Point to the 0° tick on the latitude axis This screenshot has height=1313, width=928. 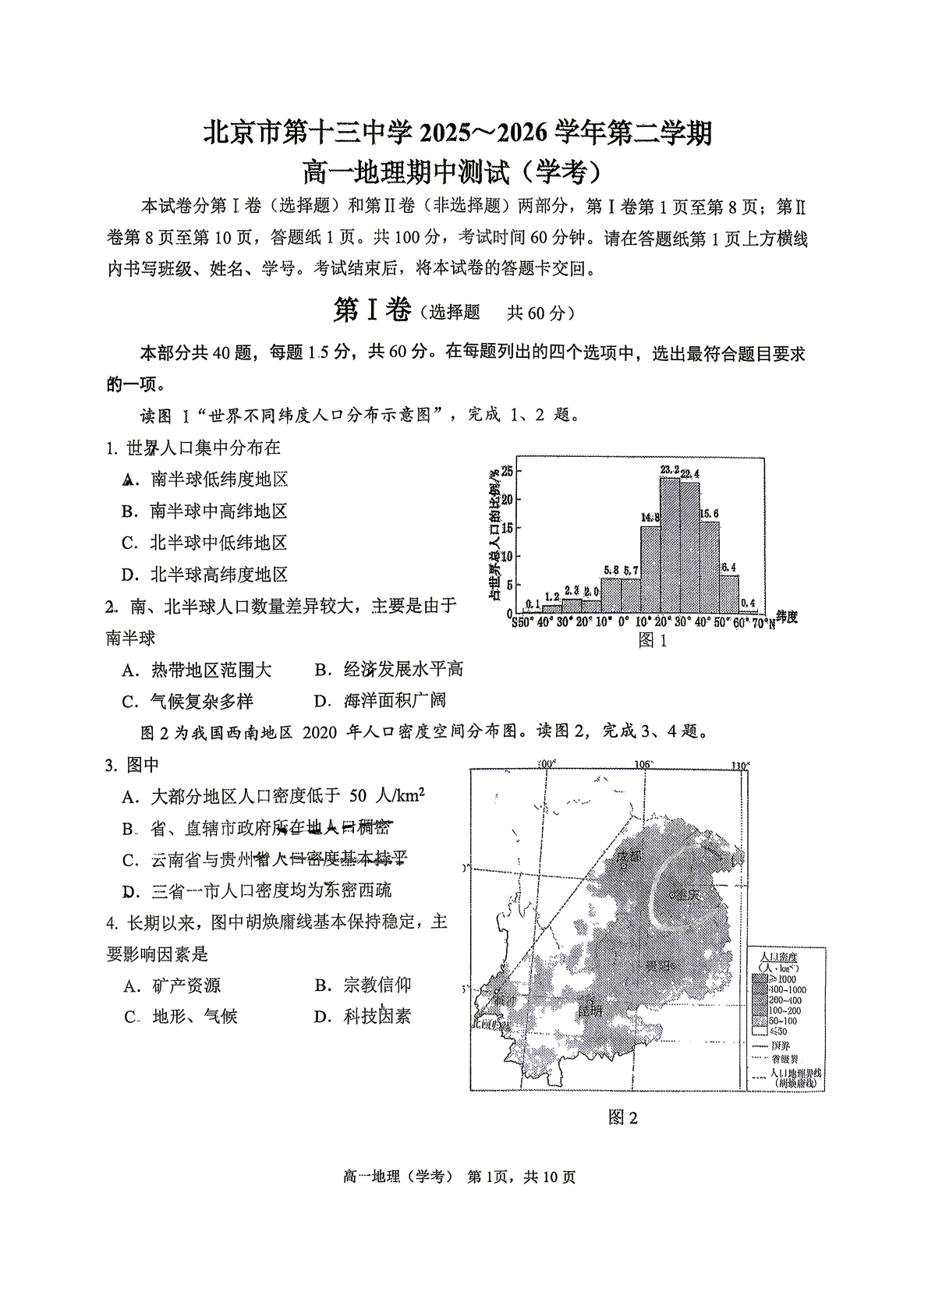click(x=623, y=622)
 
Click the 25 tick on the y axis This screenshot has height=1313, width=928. click(x=507, y=471)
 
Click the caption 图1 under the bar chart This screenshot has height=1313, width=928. click(x=653, y=640)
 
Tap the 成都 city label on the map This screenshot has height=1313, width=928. click(x=629, y=856)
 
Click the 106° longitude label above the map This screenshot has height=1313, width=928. click(x=643, y=764)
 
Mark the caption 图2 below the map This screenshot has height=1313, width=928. click(x=623, y=1117)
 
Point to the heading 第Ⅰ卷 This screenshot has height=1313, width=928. click(x=372, y=311)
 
